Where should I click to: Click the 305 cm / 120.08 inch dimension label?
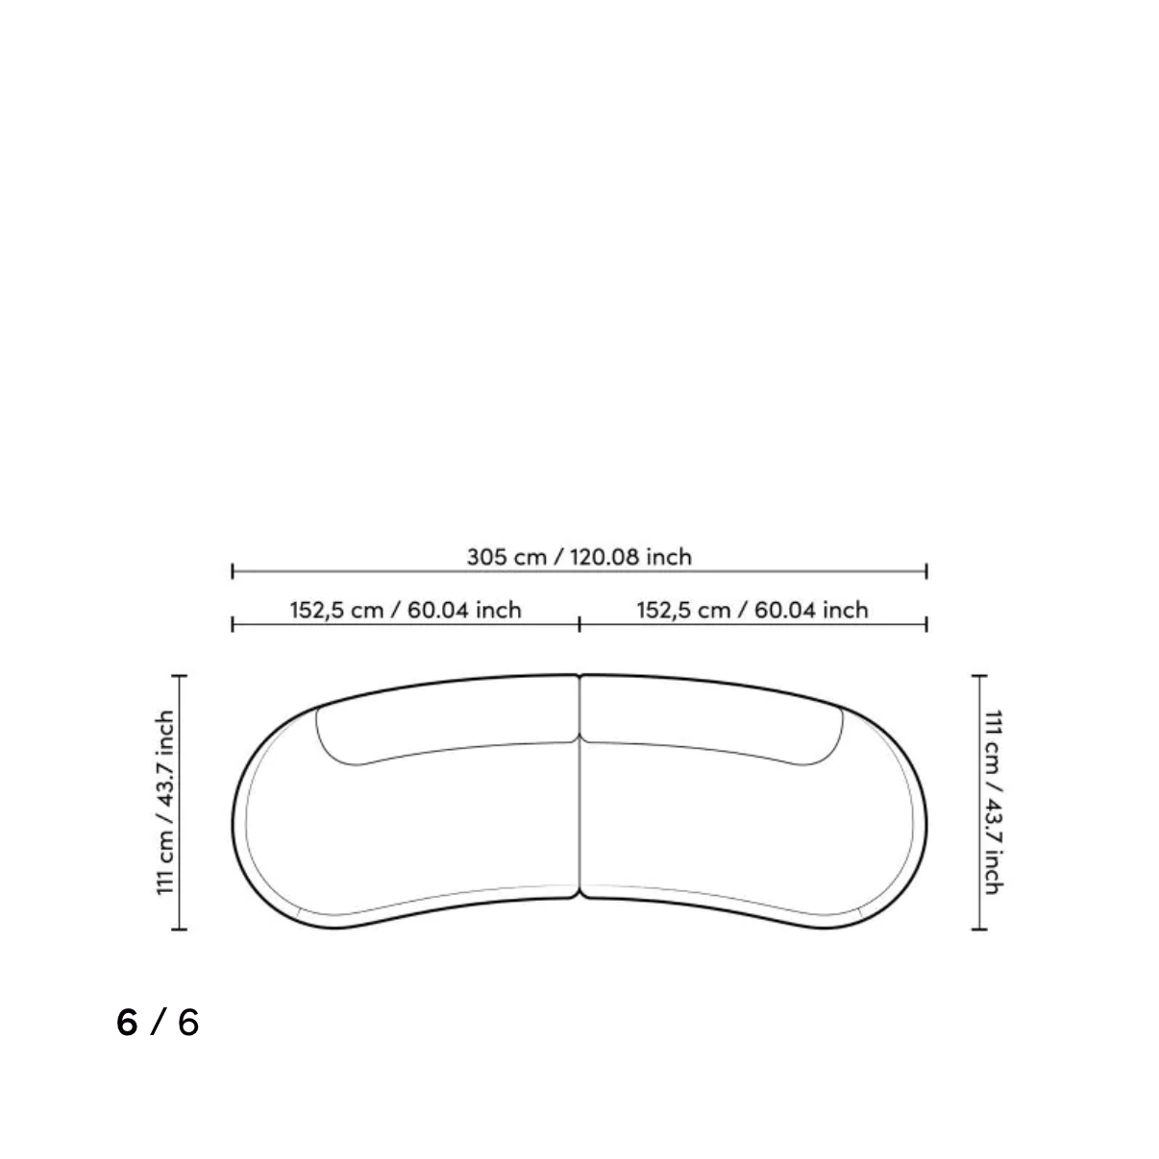(579, 557)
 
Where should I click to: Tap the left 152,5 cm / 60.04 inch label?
(406, 610)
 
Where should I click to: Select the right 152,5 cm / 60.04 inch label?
(752, 610)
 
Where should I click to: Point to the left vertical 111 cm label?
(165, 803)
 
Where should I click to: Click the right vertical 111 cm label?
(994, 803)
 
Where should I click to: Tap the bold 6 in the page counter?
(127, 1023)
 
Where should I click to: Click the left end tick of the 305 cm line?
(233, 571)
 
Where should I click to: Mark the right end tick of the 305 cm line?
(926, 571)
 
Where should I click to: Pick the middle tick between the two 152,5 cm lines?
(579, 624)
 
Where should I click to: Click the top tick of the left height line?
(180, 676)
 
